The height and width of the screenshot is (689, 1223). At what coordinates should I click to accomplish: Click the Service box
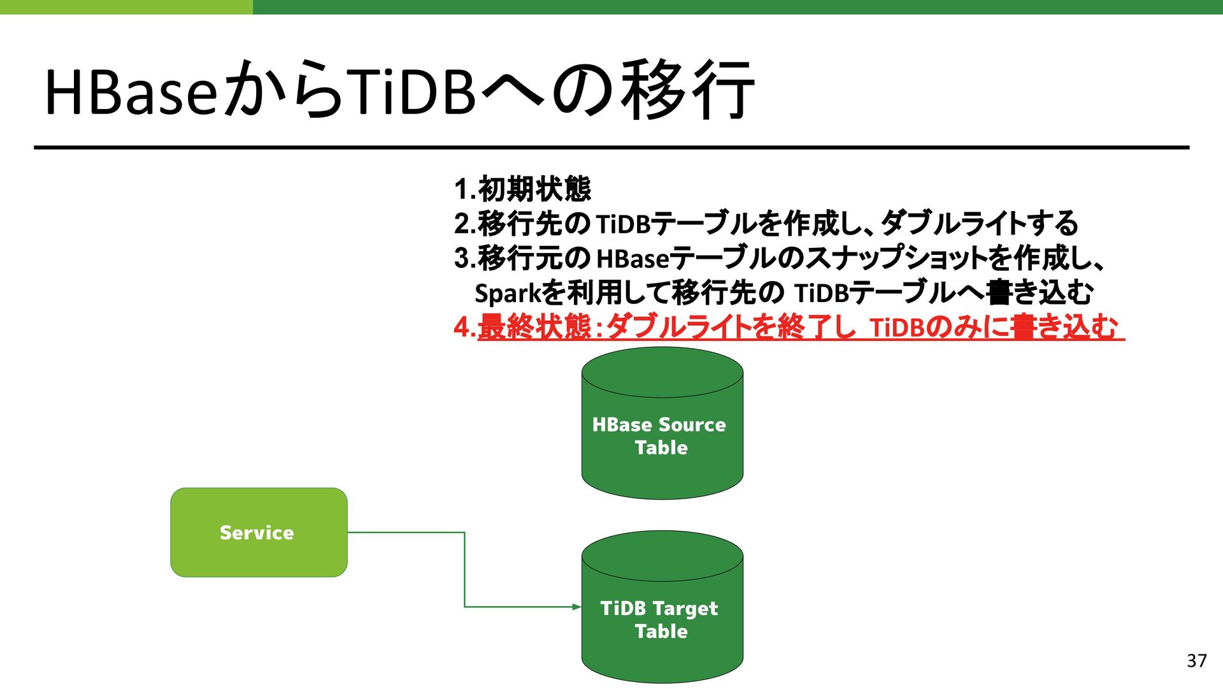259,532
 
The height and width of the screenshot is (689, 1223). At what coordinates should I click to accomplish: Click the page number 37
1196,661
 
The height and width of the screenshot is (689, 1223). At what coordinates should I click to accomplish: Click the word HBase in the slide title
131,92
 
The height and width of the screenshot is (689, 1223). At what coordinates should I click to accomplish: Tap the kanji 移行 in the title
688,91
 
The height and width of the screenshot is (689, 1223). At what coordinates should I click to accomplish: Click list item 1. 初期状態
522,189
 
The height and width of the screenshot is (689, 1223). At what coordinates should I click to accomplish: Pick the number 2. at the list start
465,224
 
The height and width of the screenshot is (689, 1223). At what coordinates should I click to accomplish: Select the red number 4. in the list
464,328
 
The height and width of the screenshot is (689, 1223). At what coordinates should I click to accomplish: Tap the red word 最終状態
534,328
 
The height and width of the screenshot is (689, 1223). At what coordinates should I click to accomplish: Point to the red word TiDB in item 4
896,328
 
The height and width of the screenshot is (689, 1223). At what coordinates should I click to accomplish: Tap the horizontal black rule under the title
611,147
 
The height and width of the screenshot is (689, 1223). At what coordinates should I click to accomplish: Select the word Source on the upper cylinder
692,424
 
